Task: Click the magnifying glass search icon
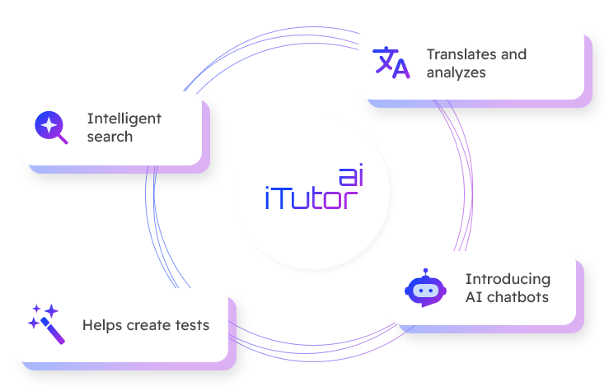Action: pos(51,127)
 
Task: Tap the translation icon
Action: pos(391,63)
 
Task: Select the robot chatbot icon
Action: pos(425,287)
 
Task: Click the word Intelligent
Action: pos(124,119)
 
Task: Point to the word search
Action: pos(110,137)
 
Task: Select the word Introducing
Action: pos(508,279)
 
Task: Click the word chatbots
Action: pos(518,297)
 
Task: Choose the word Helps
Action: pos(102,325)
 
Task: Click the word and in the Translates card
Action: pos(513,54)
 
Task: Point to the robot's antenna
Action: pos(425,272)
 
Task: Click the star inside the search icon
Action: pos(49,124)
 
